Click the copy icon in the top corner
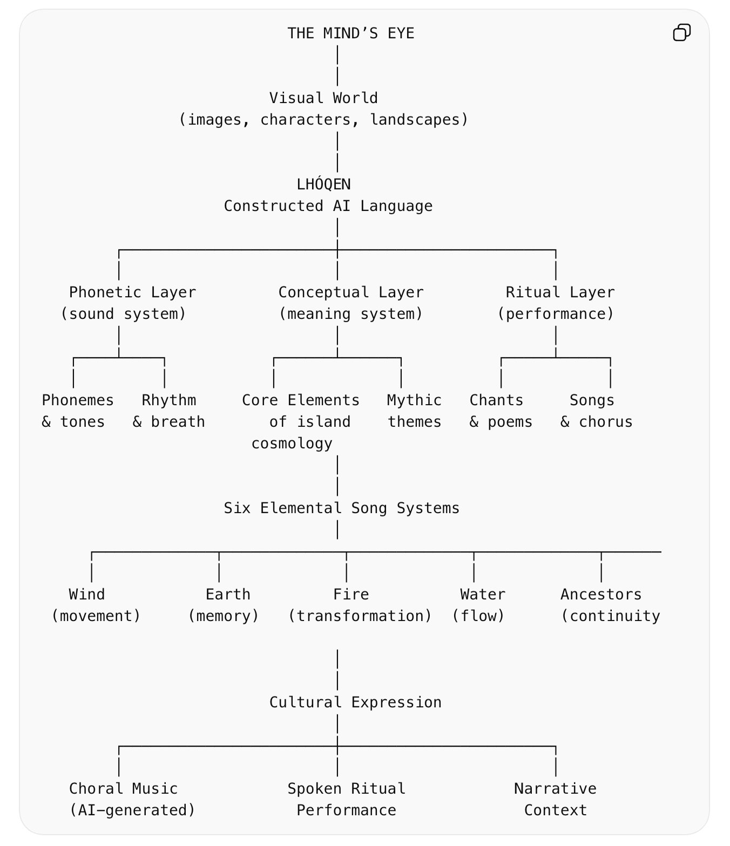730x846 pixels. coord(681,33)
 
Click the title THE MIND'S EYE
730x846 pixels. coord(350,33)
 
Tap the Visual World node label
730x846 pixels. coord(323,98)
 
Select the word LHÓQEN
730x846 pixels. coord(323,185)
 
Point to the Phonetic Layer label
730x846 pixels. coord(132,292)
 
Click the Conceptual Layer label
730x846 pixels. coord(350,292)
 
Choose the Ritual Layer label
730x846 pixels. coord(560,292)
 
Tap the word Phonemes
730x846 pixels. coord(78,400)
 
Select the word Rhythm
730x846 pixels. coord(168,400)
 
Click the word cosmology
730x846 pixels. coord(292,444)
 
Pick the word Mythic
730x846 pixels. coord(414,400)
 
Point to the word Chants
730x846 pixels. coord(496,400)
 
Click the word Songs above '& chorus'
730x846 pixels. coord(592,400)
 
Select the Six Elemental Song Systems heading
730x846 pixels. coord(341,508)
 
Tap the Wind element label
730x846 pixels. coord(86,595)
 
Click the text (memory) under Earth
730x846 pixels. coord(224,616)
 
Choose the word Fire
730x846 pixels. coord(351,595)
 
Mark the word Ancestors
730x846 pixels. coord(601,595)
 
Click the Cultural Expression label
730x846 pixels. coord(355,702)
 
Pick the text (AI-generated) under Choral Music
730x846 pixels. coord(132,810)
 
